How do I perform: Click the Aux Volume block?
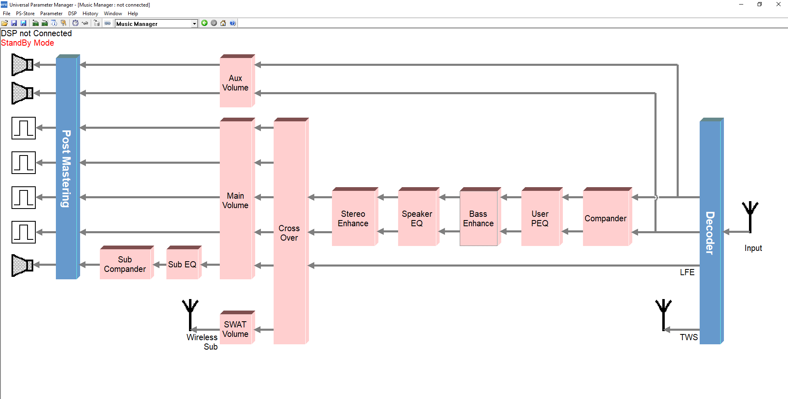pos(235,83)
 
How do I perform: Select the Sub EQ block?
pos(182,264)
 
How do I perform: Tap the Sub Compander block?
pos(125,264)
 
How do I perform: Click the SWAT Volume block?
pos(235,329)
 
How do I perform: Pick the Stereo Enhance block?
pos(353,218)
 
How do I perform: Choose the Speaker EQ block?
pos(417,218)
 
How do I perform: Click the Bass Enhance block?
pos(478,218)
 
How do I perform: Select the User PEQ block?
pos(540,218)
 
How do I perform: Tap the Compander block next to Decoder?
pos(605,218)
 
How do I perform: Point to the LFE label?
pos(687,272)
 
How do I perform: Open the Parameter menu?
pos(51,14)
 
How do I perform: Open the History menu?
pos(90,14)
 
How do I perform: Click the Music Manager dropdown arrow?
pos(194,24)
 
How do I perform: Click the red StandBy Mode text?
pos(28,43)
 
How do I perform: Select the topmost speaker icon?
pos(22,65)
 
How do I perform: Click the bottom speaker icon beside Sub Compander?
pos(22,265)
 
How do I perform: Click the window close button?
pos(778,5)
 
